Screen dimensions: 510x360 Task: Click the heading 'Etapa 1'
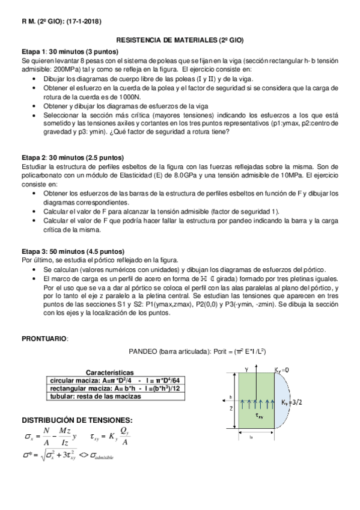pos(34,52)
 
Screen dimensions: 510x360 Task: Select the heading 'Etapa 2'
pos(34,156)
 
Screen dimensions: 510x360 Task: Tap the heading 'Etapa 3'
pos(34,251)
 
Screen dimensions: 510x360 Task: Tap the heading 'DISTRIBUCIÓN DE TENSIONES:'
pos(77,420)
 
